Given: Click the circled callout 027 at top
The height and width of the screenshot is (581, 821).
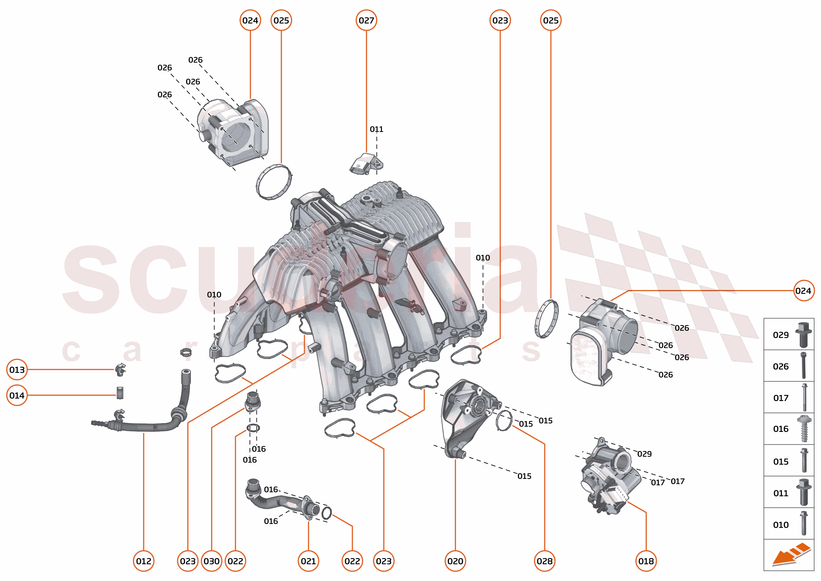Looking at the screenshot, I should (366, 20).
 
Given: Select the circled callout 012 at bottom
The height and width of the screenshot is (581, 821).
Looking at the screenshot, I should (144, 561).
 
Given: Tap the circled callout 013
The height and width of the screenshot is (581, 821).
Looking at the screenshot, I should (17, 369).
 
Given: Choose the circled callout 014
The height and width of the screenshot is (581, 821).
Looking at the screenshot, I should (17, 395).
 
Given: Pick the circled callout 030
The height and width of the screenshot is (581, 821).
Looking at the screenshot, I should (211, 561).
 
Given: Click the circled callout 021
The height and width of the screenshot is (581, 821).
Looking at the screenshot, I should (308, 561).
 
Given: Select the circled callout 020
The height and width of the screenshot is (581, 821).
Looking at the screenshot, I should (455, 561).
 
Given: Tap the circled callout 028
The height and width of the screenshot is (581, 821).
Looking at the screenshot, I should (544, 561).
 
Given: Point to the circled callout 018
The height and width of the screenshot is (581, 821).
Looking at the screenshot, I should (646, 561).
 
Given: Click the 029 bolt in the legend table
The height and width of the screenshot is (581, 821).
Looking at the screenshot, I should (803, 334).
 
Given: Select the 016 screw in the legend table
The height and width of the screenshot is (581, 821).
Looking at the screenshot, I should (804, 429).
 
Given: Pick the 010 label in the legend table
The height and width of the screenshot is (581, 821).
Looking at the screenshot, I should (781, 525).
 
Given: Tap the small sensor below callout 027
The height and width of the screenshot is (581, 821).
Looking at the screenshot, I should (366, 165).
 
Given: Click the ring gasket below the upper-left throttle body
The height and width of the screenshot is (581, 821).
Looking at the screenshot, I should (274, 182).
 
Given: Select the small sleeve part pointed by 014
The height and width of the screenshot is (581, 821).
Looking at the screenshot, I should (120, 392).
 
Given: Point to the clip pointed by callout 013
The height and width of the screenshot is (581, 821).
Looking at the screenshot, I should (121, 369).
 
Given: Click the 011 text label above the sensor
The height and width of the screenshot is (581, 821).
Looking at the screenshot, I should (376, 129).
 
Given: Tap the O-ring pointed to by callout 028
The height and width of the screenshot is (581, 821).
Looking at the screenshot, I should (504, 420).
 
